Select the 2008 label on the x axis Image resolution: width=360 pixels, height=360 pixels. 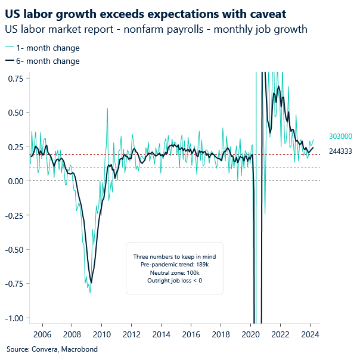pyautogui.click(x=72, y=334)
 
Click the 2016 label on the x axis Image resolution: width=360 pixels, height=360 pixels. pyautogui.click(x=191, y=334)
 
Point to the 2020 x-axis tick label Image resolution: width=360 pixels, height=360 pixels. pyautogui.click(x=250, y=334)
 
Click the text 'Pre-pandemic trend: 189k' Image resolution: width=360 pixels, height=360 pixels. pyautogui.click(x=174, y=263)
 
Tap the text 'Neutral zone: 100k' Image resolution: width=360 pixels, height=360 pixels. pyautogui.click(x=174, y=272)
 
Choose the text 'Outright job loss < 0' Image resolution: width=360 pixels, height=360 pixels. pyautogui.click(x=174, y=280)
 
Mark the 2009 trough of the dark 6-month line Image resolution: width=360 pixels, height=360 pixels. pyautogui.click(x=91, y=283)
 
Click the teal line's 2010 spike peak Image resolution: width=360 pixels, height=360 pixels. pyautogui.click(x=107, y=108)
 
